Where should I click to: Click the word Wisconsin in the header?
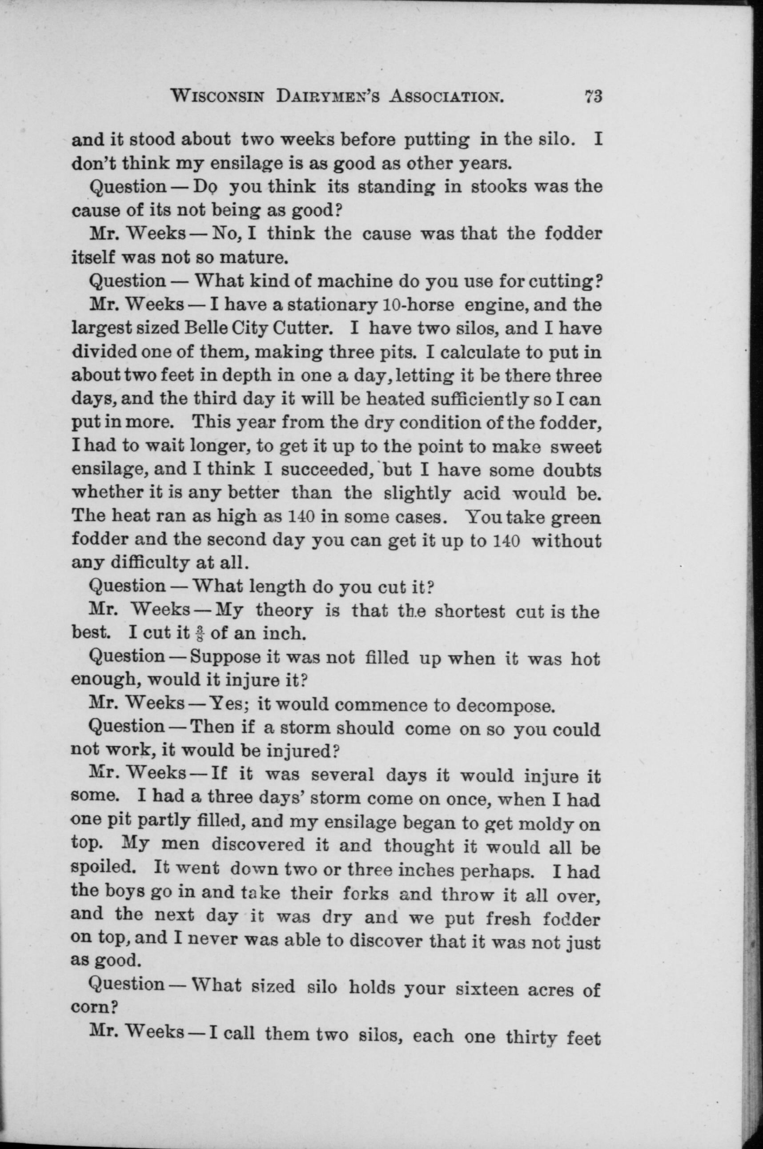[218, 97]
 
